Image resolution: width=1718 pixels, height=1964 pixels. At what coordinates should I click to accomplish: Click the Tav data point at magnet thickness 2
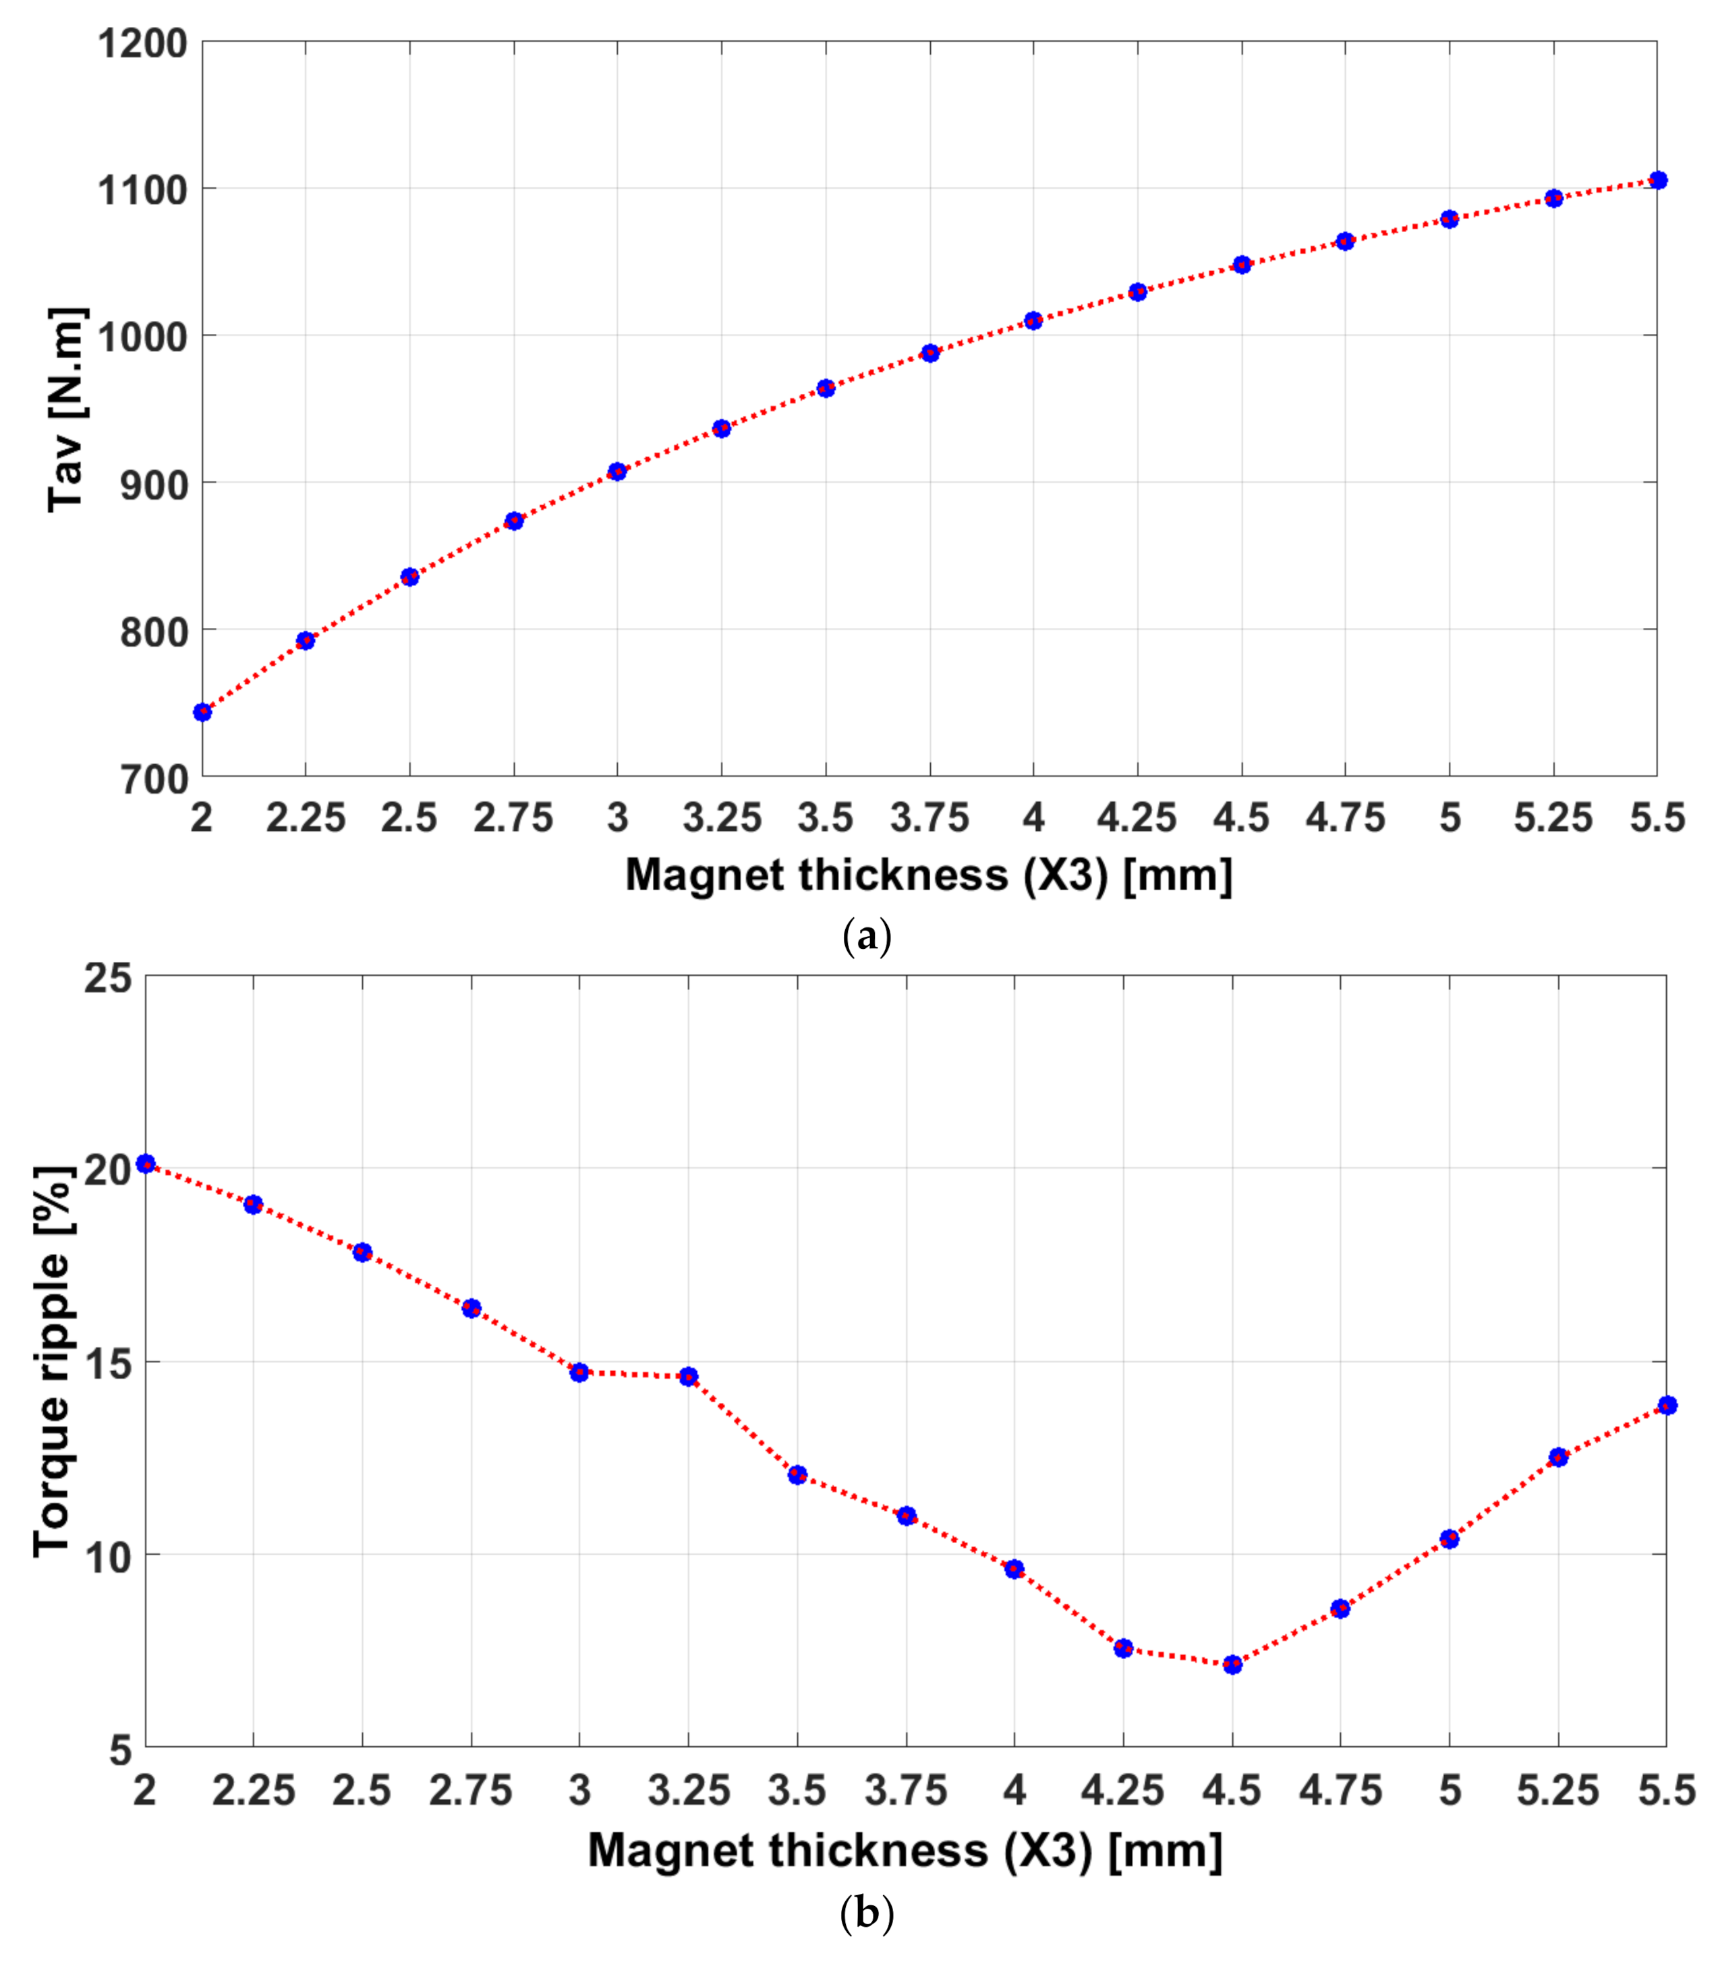pos(202,712)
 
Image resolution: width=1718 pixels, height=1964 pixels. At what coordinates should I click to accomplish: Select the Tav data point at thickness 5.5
pos(1657,180)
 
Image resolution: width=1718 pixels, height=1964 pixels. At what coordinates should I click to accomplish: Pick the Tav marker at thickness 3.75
pos(930,353)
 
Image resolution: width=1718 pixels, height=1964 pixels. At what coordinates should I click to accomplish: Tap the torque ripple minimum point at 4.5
pos(1233,1665)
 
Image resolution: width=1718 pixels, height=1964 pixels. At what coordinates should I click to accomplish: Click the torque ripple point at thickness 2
pos(146,1163)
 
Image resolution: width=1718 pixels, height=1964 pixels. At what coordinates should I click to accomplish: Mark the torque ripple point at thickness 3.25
pos(689,1377)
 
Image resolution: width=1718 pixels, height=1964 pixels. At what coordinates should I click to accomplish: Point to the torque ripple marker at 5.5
pos(1667,1405)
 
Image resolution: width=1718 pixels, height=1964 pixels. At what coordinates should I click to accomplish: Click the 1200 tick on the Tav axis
pos(142,43)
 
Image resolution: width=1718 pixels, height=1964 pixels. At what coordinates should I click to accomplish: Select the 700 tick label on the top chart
pos(153,779)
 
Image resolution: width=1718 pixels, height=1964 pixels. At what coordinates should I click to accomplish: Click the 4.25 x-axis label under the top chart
pos(1137,817)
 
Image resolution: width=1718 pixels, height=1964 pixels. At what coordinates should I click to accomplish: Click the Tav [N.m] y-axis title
pos(67,409)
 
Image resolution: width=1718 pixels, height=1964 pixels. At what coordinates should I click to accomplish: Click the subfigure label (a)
pos(867,935)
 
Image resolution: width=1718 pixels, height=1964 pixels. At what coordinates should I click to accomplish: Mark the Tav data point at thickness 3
pos(617,471)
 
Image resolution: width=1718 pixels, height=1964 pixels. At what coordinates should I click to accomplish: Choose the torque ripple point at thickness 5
pos(1450,1539)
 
